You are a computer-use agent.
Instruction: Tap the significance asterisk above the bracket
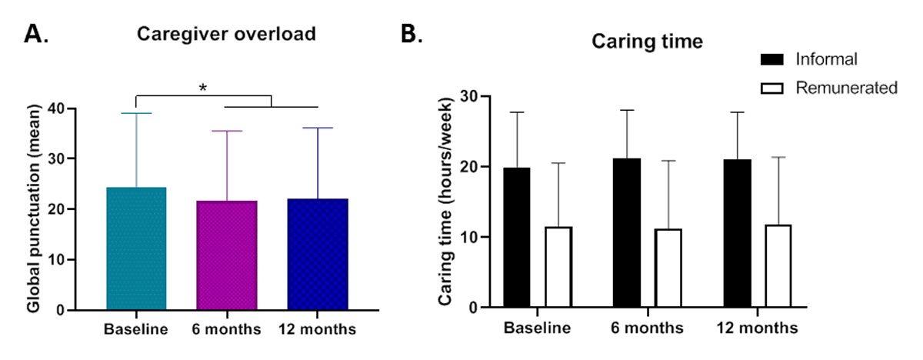[x=203, y=88]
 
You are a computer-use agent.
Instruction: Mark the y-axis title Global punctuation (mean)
[x=34, y=209]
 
